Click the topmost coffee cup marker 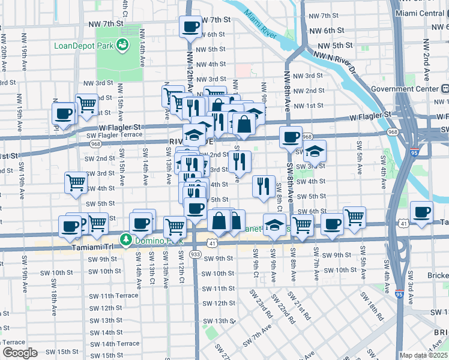[x=191, y=27]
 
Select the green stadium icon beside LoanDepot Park [x=122, y=44]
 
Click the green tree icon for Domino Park [x=126, y=240]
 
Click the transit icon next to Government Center [x=445, y=89]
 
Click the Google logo [x=20, y=353]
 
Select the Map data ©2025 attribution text [x=423, y=355]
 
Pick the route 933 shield [x=194, y=254]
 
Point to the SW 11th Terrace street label [x=113, y=296]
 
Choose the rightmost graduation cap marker [x=314, y=152]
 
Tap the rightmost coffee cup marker [x=422, y=212]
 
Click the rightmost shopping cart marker [x=355, y=218]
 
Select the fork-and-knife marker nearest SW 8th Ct [x=264, y=187]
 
